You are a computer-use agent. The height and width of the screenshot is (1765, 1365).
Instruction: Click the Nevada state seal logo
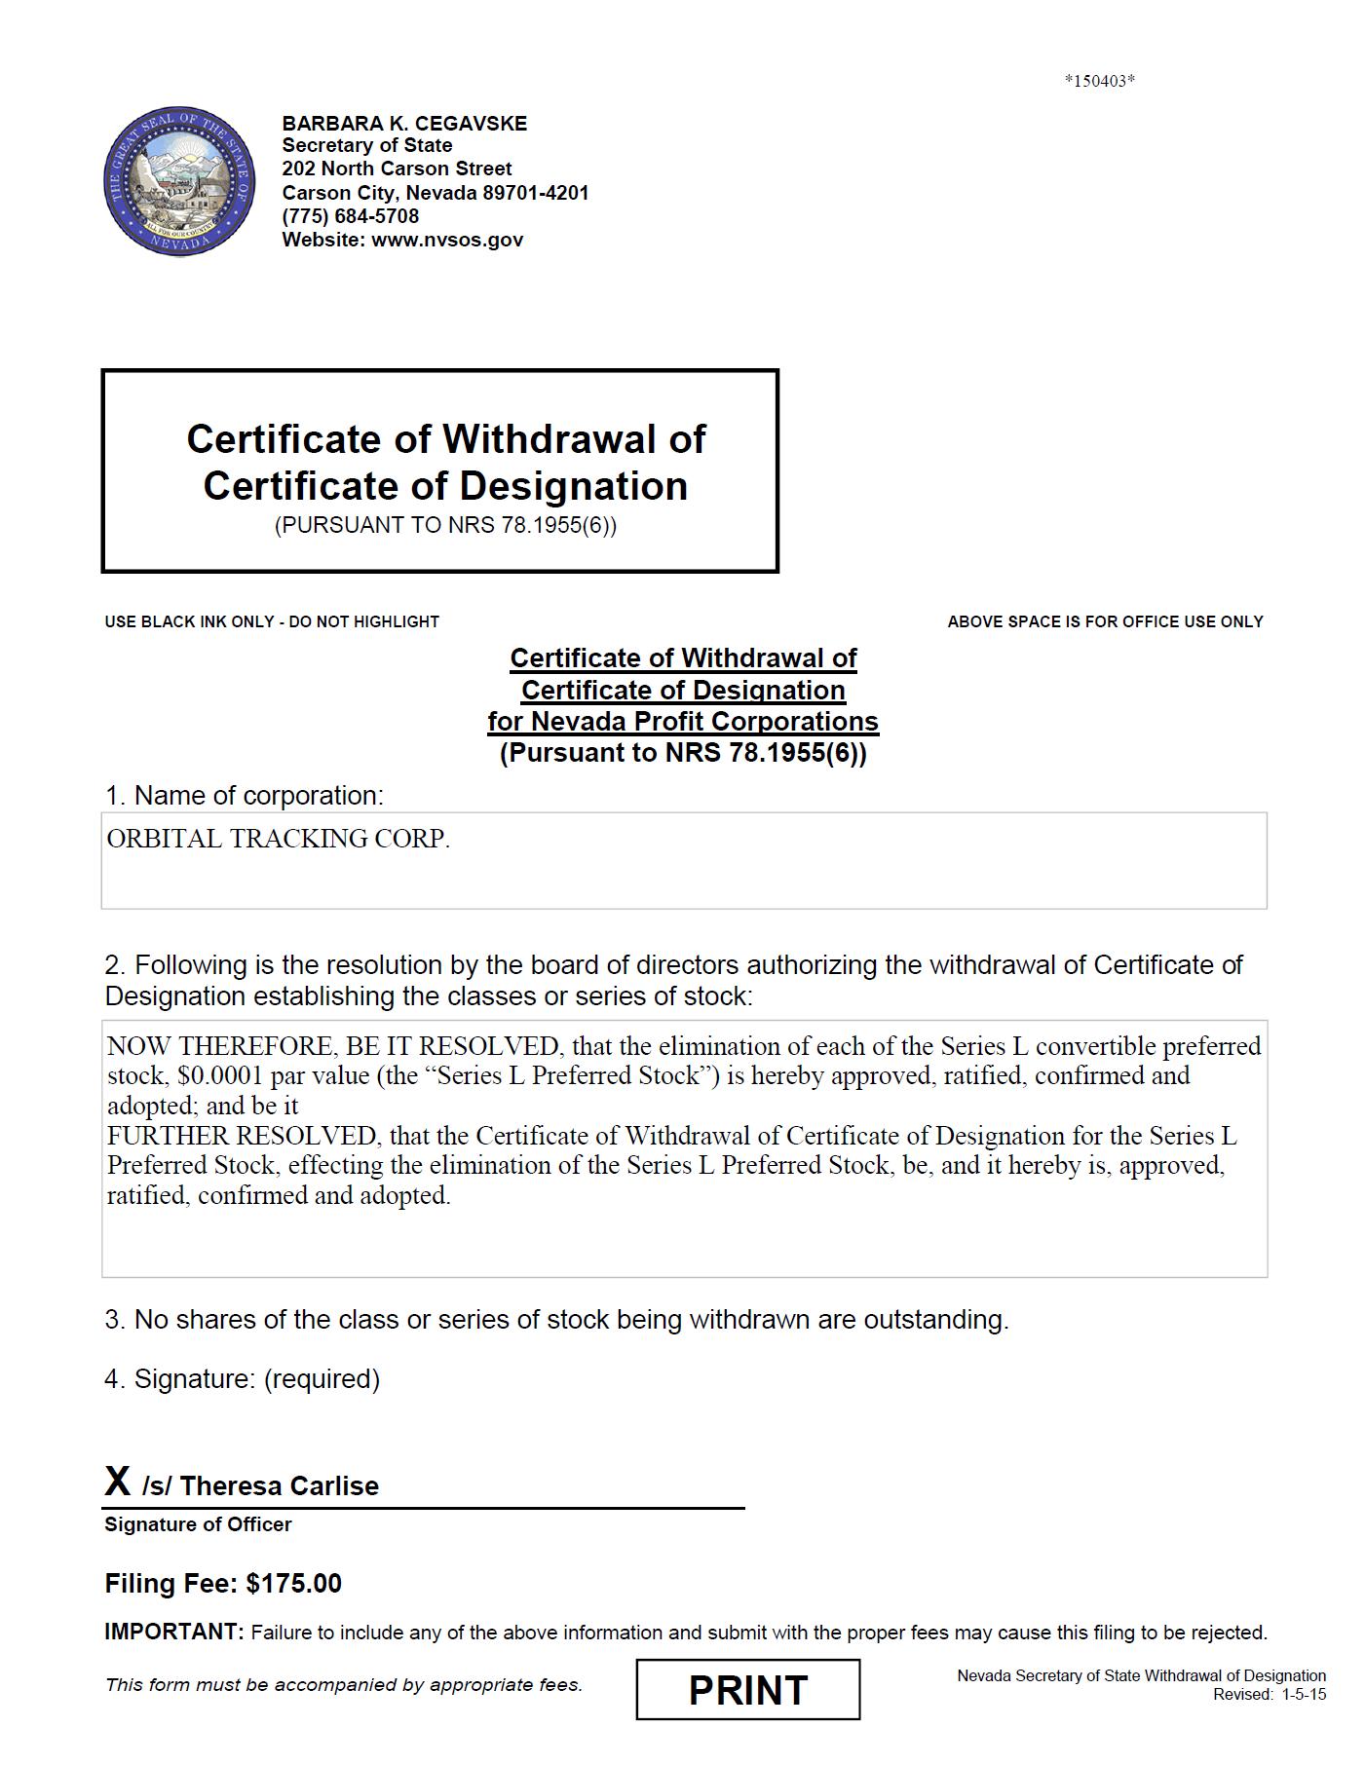click(179, 182)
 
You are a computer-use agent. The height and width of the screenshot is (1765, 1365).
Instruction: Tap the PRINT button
click(747, 1690)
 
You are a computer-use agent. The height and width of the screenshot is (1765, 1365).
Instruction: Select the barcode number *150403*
click(1099, 81)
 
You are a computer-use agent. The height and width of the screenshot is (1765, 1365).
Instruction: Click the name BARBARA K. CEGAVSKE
click(404, 124)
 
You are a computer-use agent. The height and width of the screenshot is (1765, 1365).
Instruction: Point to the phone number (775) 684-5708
click(351, 216)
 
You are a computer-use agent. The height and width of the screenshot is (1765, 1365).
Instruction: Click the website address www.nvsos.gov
click(447, 240)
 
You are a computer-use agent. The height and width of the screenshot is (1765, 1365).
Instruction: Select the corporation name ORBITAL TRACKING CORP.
click(279, 839)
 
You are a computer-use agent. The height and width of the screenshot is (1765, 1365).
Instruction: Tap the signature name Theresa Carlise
click(279, 1485)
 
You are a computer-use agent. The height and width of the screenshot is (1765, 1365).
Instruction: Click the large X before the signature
click(118, 1482)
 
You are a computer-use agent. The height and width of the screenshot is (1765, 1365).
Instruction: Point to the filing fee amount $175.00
click(294, 1583)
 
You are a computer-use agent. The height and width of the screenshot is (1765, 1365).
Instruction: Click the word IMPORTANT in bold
click(173, 1632)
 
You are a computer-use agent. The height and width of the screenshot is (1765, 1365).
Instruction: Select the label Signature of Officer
click(198, 1524)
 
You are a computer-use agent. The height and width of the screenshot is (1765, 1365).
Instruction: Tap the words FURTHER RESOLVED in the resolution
click(242, 1136)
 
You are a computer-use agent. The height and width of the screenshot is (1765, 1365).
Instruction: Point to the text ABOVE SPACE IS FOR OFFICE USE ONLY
click(1105, 621)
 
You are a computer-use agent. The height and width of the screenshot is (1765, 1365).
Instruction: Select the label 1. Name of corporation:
click(245, 796)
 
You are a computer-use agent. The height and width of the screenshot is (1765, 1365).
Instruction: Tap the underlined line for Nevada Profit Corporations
click(683, 722)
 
